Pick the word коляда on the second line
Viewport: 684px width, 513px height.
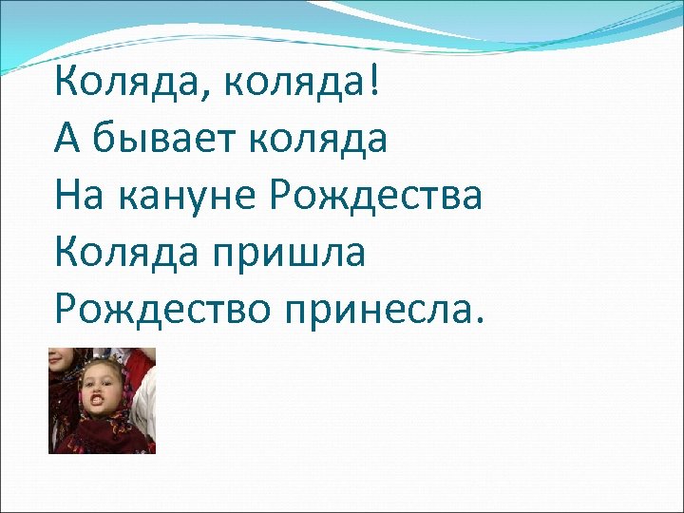tap(320, 139)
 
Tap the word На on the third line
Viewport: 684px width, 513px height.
tap(79, 196)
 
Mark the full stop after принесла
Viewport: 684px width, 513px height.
tap(479, 320)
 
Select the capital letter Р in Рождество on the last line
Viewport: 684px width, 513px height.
tap(66, 310)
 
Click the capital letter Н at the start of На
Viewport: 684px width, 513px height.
tap(66, 196)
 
